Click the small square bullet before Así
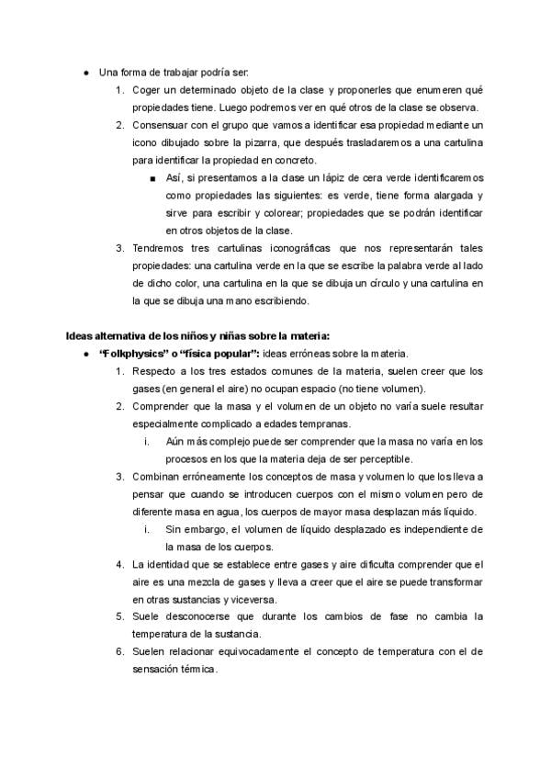pyautogui.click(x=152, y=177)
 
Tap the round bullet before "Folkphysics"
pyautogui.click(x=85, y=353)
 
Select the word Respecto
pyautogui.click(x=158, y=370)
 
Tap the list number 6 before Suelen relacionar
pyautogui.click(x=120, y=651)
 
